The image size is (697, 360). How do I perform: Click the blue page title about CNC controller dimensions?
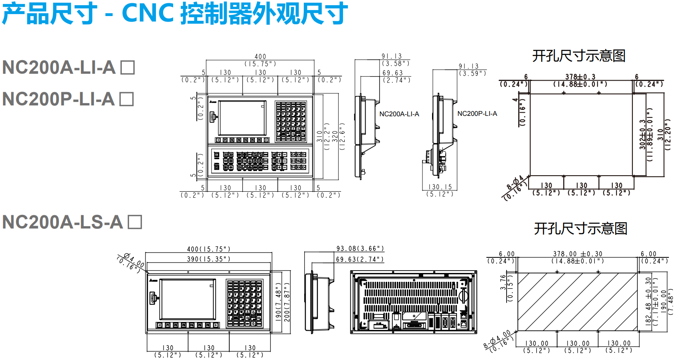[174, 14]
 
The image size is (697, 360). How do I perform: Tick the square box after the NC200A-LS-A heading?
[135, 222]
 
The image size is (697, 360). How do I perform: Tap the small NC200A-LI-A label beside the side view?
[399, 114]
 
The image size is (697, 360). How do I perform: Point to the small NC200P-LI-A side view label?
[477, 113]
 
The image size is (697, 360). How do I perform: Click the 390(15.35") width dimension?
[208, 259]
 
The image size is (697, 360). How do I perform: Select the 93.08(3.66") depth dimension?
[360, 249]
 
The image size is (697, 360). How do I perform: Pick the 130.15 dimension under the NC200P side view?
[440, 187]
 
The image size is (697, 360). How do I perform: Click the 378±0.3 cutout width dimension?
[580, 77]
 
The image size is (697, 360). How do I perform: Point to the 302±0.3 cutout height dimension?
[642, 134]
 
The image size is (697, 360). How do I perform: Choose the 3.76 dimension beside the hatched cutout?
[503, 282]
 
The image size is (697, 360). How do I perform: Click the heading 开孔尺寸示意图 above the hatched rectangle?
[580, 229]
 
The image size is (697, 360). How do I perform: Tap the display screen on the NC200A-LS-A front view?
[187, 299]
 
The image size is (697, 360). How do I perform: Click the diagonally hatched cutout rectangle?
[577, 302]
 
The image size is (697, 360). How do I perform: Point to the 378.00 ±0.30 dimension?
[578, 254]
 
